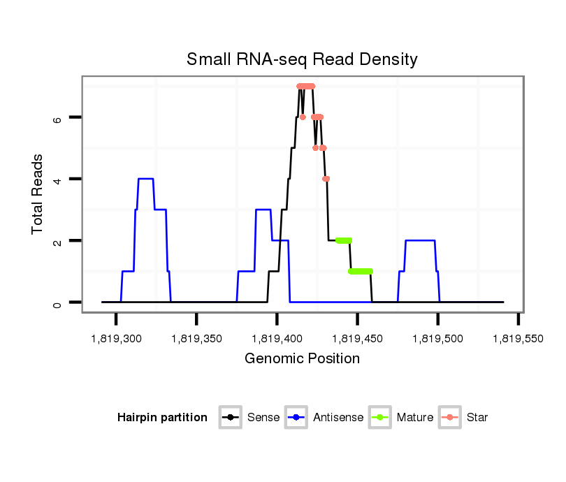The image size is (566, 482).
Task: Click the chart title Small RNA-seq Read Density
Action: click(302, 59)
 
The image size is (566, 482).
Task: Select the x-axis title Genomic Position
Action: click(302, 359)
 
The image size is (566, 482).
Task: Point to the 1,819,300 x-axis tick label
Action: click(116, 339)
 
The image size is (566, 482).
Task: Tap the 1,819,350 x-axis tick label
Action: click(196, 339)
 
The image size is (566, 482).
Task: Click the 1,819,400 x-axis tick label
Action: click(277, 339)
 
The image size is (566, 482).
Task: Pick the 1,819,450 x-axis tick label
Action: click(358, 339)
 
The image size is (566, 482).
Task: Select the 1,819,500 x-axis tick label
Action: click(438, 339)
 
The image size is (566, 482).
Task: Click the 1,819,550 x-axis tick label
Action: click(518, 339)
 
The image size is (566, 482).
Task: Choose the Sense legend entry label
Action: click(263, 418)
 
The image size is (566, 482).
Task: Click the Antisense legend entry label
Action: click(338, 418)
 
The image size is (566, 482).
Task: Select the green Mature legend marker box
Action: click(381, 418)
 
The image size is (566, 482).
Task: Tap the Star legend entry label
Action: click(478, 418)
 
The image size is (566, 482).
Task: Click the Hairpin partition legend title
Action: click(163, 418)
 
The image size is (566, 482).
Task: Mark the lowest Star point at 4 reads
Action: click(326, 179)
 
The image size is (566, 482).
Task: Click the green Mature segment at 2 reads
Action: click(343, 240)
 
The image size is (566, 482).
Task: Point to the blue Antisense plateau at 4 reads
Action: click(145, 179)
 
